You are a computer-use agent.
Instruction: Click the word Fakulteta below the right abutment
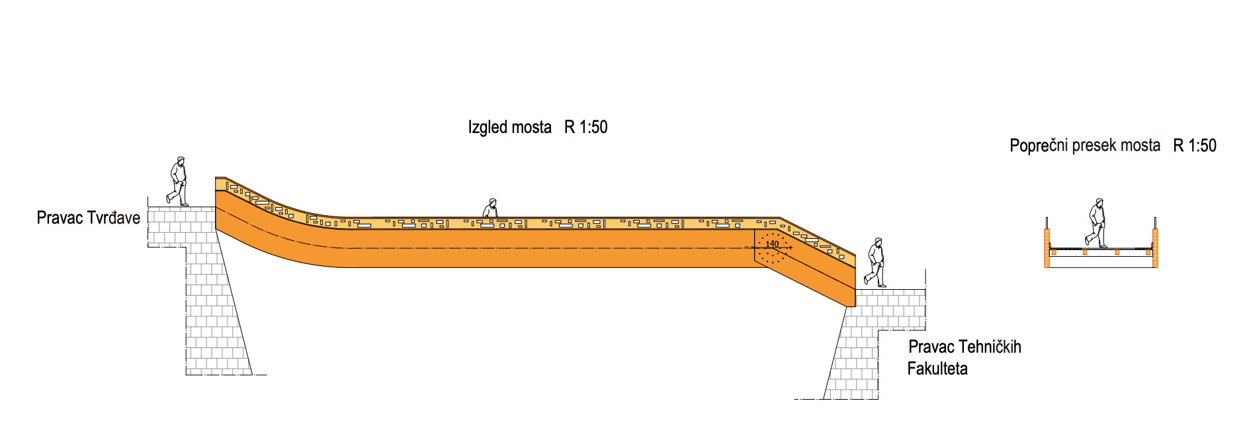click(937, 369)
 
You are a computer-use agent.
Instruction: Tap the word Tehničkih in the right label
click(990, 347)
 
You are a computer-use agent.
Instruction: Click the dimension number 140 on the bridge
click(772, 244)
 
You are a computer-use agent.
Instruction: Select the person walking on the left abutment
click(178, 181)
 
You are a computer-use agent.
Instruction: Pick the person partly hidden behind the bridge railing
click(490, 208)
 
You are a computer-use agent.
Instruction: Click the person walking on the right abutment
click(876, 263)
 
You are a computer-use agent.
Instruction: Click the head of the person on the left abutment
click(180, 160)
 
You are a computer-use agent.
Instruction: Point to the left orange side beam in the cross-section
click(1047, 248)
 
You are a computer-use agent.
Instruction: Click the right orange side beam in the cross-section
click(1155, 248)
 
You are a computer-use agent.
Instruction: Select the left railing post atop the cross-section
click(1047, 223)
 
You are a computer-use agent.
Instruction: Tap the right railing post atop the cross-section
click(1156, 223)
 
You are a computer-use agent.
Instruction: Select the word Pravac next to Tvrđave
click(60, 218)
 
